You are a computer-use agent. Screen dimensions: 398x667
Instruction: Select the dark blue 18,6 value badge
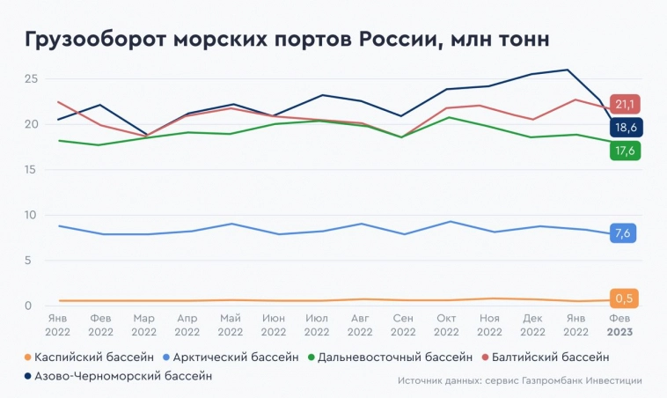click(x=625, y=128)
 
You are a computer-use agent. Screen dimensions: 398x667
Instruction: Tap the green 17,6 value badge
click(x=625, y=151)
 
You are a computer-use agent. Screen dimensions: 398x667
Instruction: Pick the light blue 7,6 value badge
click(x=625, y=233)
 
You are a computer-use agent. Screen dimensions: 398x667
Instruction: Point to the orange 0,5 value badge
click(x=625, y=298)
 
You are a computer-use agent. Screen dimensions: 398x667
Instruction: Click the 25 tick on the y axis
click(x=31, y=78)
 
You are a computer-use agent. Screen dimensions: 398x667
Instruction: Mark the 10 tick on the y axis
click(x=31, y=215)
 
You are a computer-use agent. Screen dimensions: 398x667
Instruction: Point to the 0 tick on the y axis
click(x=34, y=306)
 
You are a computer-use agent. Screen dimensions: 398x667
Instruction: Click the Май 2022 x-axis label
click(x=230, y=326)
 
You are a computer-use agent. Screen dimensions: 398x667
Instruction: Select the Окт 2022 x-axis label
click(x=446, y=326)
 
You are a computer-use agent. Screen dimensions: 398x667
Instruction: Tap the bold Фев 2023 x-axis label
click(x=619, y=326)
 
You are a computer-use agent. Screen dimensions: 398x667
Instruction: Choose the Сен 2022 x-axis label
click(x=403, y=326)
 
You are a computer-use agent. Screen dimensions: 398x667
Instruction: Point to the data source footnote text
click(x=519, y=380)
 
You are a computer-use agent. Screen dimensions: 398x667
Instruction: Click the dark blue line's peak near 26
click(x=568, y=70)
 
